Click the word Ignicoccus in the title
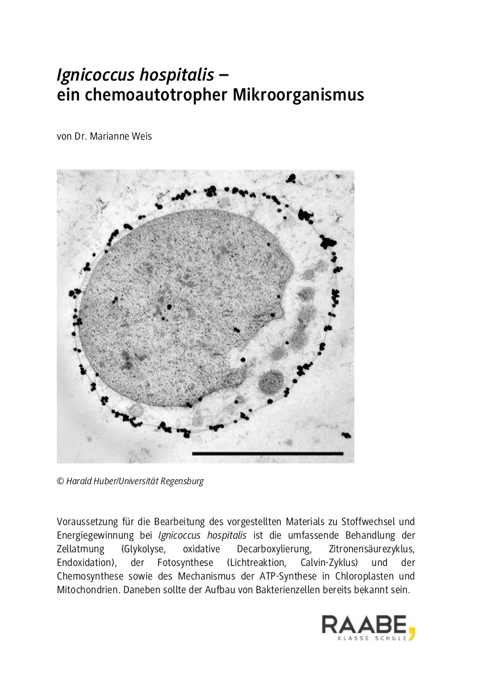(95, 74)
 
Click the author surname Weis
(141, 137)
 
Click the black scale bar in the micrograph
(268, 454)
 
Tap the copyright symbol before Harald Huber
(60, 481)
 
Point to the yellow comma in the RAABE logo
(412, 631)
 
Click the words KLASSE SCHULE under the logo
(372, 638)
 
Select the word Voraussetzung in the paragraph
(85, 522)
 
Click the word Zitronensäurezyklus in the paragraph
(372, 549)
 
